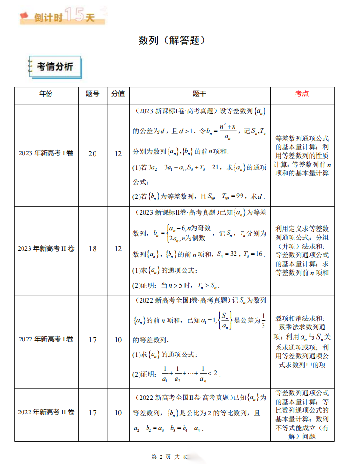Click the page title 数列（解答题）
tap(172, 41)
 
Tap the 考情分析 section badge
tap(54, 67)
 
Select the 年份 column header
tap(46, 94)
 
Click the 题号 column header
tap(92, 94)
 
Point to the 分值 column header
tap(118, 94)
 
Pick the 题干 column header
tap(199, 94)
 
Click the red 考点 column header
tap(302, 94)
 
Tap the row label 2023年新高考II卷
tap(46, 249)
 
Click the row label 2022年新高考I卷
tap(46, 340)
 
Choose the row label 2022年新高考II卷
tap(46, 413)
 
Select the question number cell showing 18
tap(92, 249)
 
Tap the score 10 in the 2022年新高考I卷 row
tap(118, 340)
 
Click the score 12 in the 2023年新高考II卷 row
tap(118, 249)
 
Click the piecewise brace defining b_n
tap(168, 233)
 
